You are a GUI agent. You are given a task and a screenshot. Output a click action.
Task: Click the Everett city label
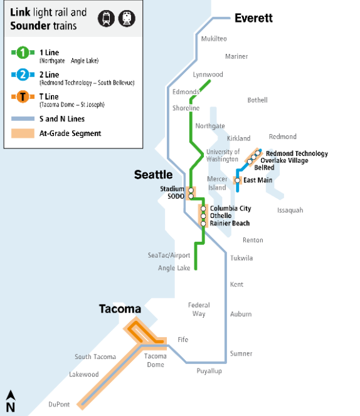(x=253, y=18)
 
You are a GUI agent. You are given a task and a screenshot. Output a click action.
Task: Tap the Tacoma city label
(x=120, y=309)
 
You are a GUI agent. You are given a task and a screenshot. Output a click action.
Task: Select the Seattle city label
(x=153, y=175)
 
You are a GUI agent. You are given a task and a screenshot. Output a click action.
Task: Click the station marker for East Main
(x=237, y=180)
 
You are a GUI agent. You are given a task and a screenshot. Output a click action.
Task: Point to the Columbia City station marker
(x=203, y=209)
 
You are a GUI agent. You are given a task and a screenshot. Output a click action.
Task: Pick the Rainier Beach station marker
(x=203, y=223)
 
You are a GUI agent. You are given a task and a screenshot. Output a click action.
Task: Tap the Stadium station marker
(x=191, y=189)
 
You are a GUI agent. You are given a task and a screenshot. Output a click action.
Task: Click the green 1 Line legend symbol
(x=22, y=53)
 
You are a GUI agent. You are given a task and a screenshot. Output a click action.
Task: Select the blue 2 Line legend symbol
(x=22, y=75)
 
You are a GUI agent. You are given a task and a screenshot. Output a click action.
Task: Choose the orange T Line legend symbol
(x=22, y=97)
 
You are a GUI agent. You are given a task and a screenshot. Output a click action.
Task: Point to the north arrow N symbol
(x=10, y=403)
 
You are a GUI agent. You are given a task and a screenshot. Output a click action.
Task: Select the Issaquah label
(x=290, y=210)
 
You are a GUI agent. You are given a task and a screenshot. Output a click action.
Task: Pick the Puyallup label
(x=209, y=371)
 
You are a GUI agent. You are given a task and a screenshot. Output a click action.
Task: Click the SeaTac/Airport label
(x=169, y=255)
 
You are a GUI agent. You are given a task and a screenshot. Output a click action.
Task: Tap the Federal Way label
(x=199, y=309)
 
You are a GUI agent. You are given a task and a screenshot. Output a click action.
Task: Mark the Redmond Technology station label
(x=297, y=153)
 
